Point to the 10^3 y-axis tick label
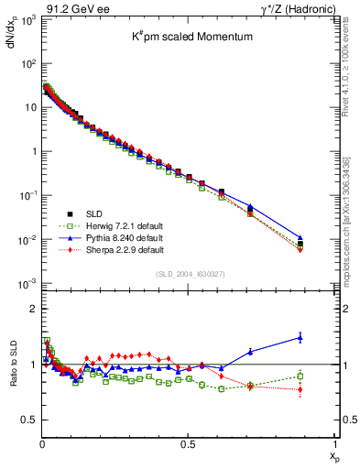tap(27, 20)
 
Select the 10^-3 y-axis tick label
tap(27, 283)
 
